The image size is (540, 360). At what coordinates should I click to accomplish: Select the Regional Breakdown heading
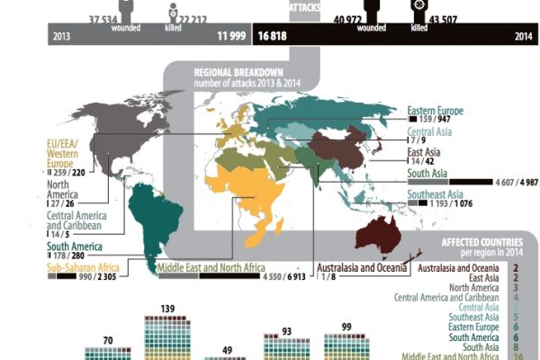tap(238, 74)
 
